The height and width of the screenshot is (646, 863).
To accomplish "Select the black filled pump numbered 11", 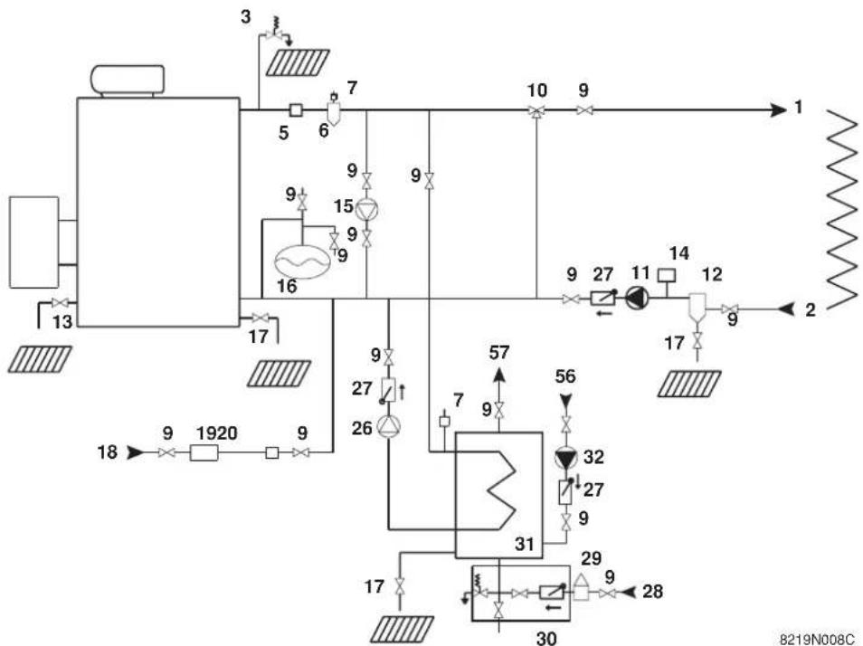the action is pyautogui.click(x=638, y=299).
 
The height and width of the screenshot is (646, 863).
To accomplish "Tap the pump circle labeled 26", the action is pyautogui.click(x=388, y=426).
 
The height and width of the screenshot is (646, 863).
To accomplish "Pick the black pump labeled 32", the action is pyautogui.click(x=565, y=458).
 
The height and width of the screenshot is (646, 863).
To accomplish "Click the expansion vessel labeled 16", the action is pyautogui.click(x=302, y=261).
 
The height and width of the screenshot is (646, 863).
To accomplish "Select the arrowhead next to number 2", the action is pyautogui.click(x=787, y=309).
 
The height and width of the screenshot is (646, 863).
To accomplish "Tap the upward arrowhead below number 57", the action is pyautogui.click(x=498, y=375).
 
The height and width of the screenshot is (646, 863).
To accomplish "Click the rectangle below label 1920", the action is pyautogui.click(x=204, y=453).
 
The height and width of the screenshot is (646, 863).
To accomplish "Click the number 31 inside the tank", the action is pyautogui.click(x=525, y=544).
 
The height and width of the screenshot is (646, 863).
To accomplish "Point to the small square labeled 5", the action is pyautogui.click(x=296, y=110).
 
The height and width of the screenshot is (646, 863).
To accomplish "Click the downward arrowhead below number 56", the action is pyautogui.click(x=565, y=400).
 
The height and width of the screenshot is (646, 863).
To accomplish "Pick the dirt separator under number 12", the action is pyautogui.click(x=697, y=308).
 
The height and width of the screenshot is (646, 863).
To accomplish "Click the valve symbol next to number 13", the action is pyautogui.click(x=60, y=302).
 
